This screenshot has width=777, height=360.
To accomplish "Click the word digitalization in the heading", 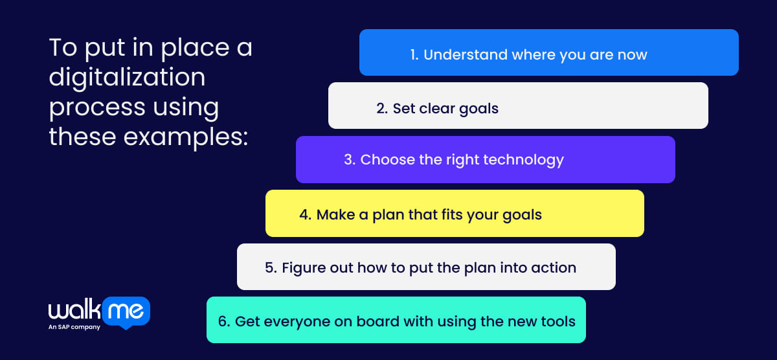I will tap(127, 78).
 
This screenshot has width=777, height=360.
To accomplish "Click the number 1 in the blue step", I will tap(414, 54).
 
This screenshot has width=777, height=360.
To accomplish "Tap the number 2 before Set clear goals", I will tap(381, 108).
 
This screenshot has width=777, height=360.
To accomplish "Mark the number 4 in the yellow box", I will tap(305, 214).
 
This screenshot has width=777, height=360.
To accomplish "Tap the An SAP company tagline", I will tap(74, 328).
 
